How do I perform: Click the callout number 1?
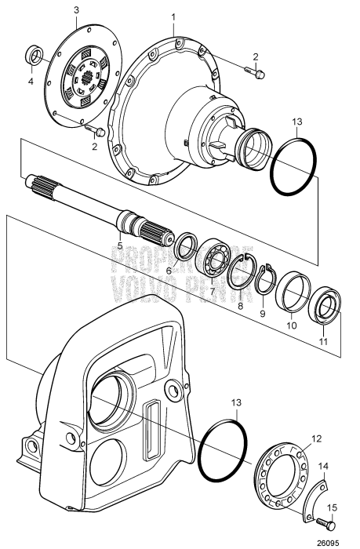point(173,15)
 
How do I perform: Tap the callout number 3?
point(75,9)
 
